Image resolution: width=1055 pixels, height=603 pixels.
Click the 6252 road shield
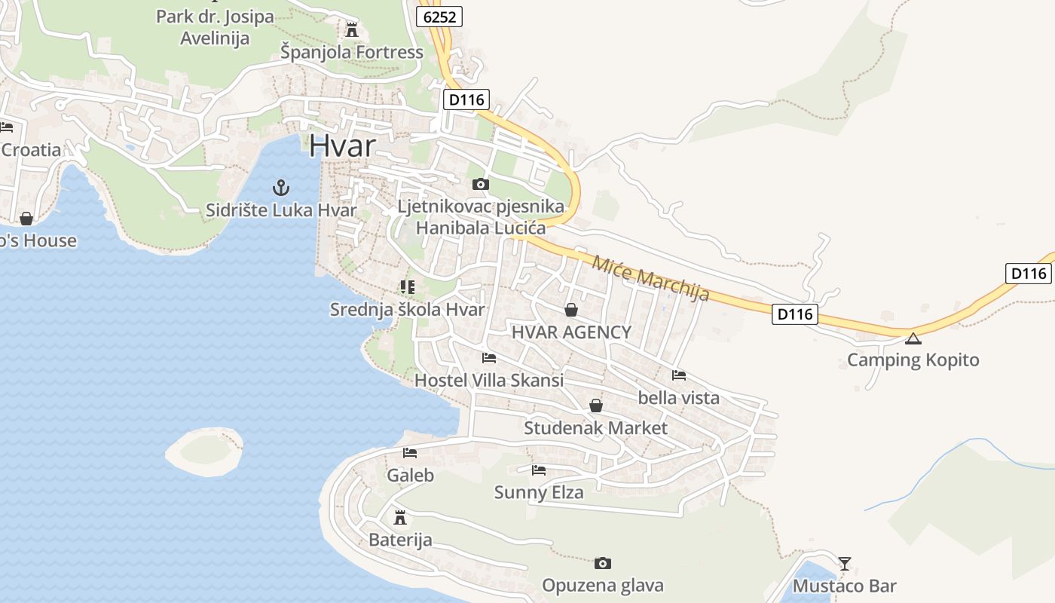coord(440,17)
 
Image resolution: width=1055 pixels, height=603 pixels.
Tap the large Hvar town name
coord(342,145)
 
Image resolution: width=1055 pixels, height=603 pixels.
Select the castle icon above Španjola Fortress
coord(351,30)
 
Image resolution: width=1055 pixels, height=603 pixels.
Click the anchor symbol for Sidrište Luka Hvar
coord(281,188)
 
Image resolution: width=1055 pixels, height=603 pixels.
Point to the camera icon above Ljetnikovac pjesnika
coord(480,184)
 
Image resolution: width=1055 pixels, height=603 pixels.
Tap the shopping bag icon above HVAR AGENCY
coord(571,310)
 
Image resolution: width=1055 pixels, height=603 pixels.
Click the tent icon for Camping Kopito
coord(913,338)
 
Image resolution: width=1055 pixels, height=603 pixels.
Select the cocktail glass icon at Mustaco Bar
coord(845,563)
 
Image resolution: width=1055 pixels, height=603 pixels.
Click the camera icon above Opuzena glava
coord(602,563)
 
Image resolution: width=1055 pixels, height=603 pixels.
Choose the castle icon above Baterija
coord(400,518)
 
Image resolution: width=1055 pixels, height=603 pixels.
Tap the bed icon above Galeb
coord(410,453)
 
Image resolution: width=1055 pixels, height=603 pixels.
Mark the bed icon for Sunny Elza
coord(539,470)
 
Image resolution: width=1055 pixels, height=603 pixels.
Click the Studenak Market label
coord(595,428)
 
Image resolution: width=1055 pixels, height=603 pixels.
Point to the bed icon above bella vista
coord(679,375)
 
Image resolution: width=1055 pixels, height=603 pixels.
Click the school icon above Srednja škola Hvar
coord(408,287)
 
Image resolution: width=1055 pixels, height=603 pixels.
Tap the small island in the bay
coord(204,451)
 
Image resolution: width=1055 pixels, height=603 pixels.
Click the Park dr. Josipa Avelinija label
coord(215,27)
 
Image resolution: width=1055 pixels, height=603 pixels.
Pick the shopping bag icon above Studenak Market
coord(596,406)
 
